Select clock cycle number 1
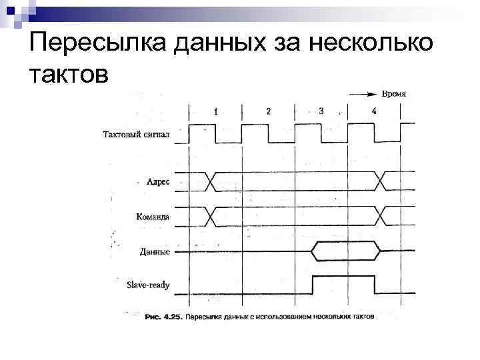[215, 111]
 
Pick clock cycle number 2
[268, 111]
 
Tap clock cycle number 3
[321, 111]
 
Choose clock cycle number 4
[373, 111]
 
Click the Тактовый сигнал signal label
[137, 134]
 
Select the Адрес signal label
[157, 181]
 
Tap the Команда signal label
[152, 217]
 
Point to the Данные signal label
[155, 251]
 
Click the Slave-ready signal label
[148, 285]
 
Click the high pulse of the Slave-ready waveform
[343, 276]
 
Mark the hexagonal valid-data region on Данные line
[347, 251]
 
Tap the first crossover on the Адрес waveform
[211, 180]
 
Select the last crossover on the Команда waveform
[381, 216]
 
